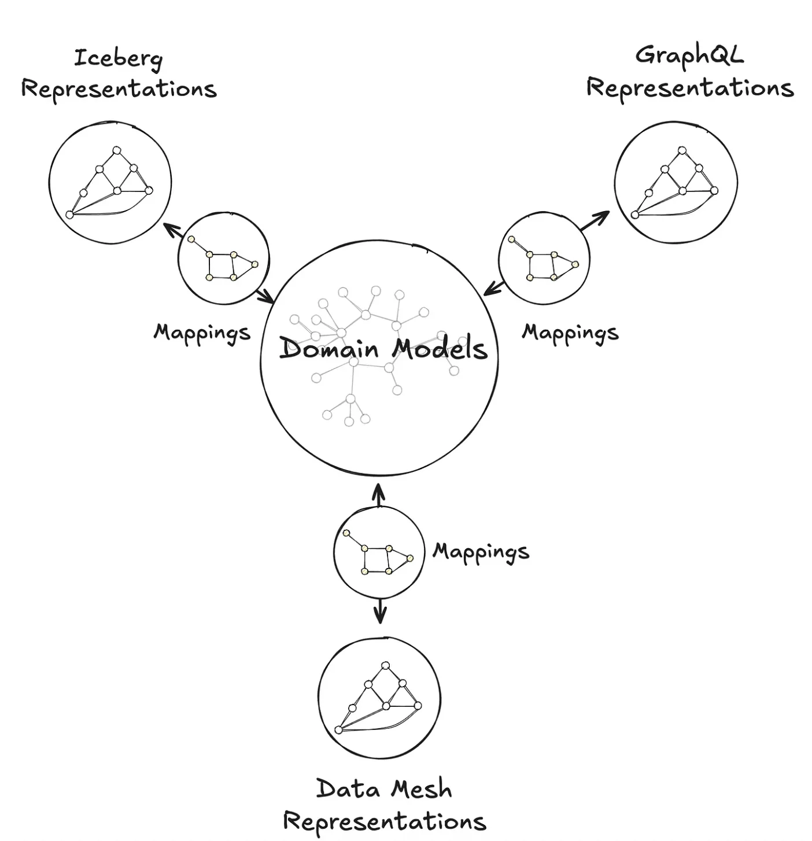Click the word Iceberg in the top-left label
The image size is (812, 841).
pyautogui.click(x=118, y=59)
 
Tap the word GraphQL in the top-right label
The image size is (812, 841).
pyautogui.click(x=689, y=56)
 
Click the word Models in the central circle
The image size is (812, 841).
pyautogui.click(x=440, y=349)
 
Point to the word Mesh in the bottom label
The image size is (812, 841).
pyautogui.click(x=420, y=790)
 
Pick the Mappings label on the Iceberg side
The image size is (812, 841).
pyautogui.click(x=202, y=333)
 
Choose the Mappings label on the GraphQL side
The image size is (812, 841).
pyautogui.click(x=570, y=333)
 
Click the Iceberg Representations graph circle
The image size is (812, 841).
pyautogui.click(x=110, y=182)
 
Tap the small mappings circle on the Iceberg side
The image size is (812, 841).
pyautogui.click(x=223, y=259)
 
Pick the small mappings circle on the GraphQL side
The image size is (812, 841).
pyautogui.click(x=544, y=259)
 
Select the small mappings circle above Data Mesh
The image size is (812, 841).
pyautogui.click(x=379, y=552)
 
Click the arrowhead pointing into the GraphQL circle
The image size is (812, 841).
pyautogui.click(x=603, y=216)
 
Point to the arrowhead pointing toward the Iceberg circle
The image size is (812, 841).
pyautogui.click(x=169, y=228)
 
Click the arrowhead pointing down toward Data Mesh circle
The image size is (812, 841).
pyautogui.click(x=379, y=618)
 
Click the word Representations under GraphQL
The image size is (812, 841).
pyautogui.click(x=689, y=88)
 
